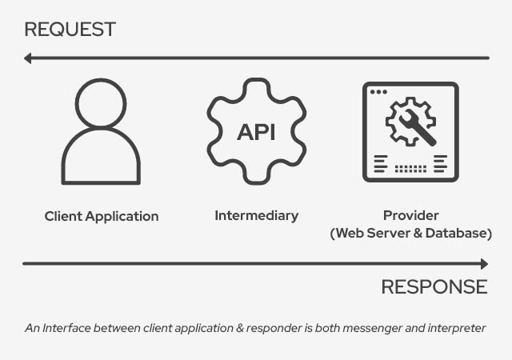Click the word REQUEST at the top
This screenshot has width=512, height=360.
pos(70,30)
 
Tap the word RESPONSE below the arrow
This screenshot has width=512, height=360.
pos(434,286)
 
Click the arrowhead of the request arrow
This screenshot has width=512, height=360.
pos(28,58)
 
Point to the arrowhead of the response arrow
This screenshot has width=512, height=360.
pos(483,263)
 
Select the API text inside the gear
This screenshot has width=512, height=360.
pos(256,131)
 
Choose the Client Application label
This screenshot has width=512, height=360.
pos(102,216)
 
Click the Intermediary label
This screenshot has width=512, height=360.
pos(256,215)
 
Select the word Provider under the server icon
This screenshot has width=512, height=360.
pos(410,215)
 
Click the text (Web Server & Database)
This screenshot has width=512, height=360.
pos(410,233)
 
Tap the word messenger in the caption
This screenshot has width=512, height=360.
pos(374,328)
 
